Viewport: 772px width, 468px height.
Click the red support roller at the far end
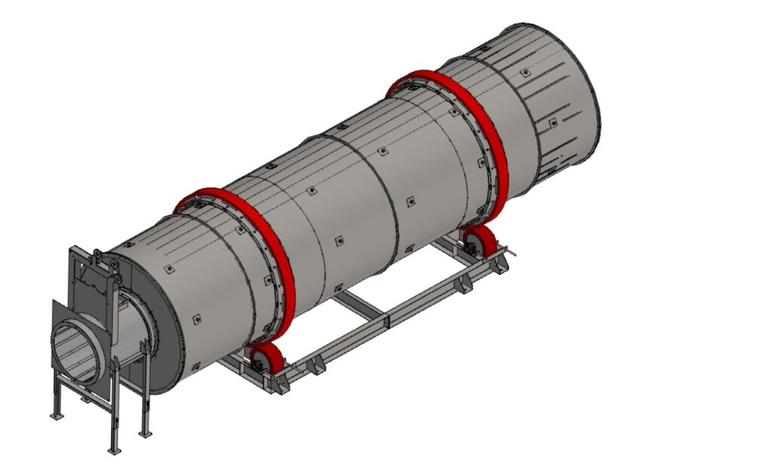pyautogui.click(x=483, y=242)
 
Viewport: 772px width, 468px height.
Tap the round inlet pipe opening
pyautogui.click(x=75, y=350)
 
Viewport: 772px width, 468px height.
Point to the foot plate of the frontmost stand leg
pyautogui.click(x=115, y=451)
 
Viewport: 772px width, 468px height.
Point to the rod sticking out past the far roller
pyautogui.click(x=512, y=254)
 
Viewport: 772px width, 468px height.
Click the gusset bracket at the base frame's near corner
pyautogui.click(x=280, y=386)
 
